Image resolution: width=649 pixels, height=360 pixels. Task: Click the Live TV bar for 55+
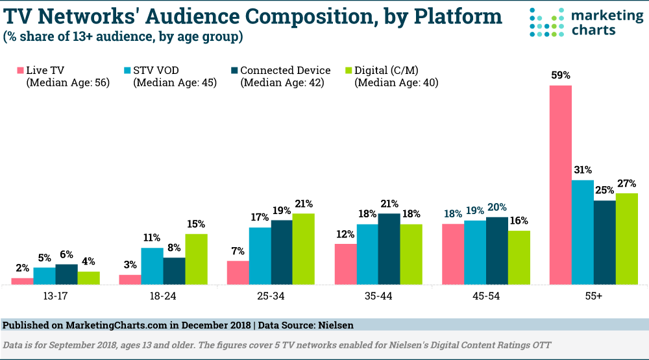click(561, 185)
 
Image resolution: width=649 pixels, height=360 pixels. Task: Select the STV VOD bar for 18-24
click(152, 266)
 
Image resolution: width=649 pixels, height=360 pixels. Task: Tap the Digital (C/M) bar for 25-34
click(303, 248)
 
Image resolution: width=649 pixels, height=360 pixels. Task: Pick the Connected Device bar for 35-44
click(389, 248)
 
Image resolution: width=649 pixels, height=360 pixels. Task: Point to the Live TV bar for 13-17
click(22, 281)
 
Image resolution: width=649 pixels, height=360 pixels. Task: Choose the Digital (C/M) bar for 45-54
click(519, 258)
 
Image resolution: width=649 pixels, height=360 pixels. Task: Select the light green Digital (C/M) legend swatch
click(347, 70)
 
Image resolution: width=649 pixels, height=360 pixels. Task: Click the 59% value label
click(561, 75)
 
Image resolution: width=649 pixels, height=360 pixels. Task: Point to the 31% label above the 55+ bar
click(583, 170)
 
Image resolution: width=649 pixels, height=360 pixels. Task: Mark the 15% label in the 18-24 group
click(195, 224)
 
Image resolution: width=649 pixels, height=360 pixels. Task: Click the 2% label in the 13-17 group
click(22, 269)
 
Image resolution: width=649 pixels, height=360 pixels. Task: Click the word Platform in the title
click(448, 16)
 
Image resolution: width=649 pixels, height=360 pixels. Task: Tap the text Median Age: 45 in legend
click(175, 82)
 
